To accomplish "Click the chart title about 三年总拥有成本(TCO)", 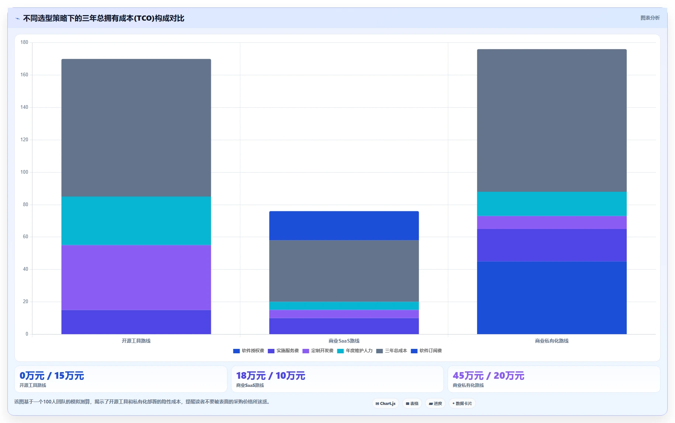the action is tap(104, 18).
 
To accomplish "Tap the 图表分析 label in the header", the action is tap(650, 18).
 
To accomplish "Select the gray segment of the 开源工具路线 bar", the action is tap(136, 128).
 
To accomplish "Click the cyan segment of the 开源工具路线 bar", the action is tap(136, 221).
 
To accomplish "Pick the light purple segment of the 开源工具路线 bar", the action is tap(136, 278).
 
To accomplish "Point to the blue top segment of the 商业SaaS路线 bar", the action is tap(344, 226).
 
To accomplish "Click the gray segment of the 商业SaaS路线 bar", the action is tap(344, 271).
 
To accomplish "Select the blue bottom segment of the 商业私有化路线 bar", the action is tap(552, 298).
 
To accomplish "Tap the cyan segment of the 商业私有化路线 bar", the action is tap(552, 204).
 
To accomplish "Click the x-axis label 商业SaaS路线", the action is tap(344, 341).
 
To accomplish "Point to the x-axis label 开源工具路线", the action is tap(136, 341).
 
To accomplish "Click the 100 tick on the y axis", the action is tap(24, 172).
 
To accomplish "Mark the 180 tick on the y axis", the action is tap(24, 42).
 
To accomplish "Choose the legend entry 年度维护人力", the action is tap(355, 351).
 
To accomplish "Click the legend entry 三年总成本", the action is tap(392, 351).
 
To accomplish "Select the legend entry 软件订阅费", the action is tap(426, 351).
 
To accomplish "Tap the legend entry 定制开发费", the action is tap(318, 351).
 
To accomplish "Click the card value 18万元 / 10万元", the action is tap(271, 376).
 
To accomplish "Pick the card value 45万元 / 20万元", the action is tap(488, 376).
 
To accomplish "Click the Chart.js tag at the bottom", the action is tap(386, 403).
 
